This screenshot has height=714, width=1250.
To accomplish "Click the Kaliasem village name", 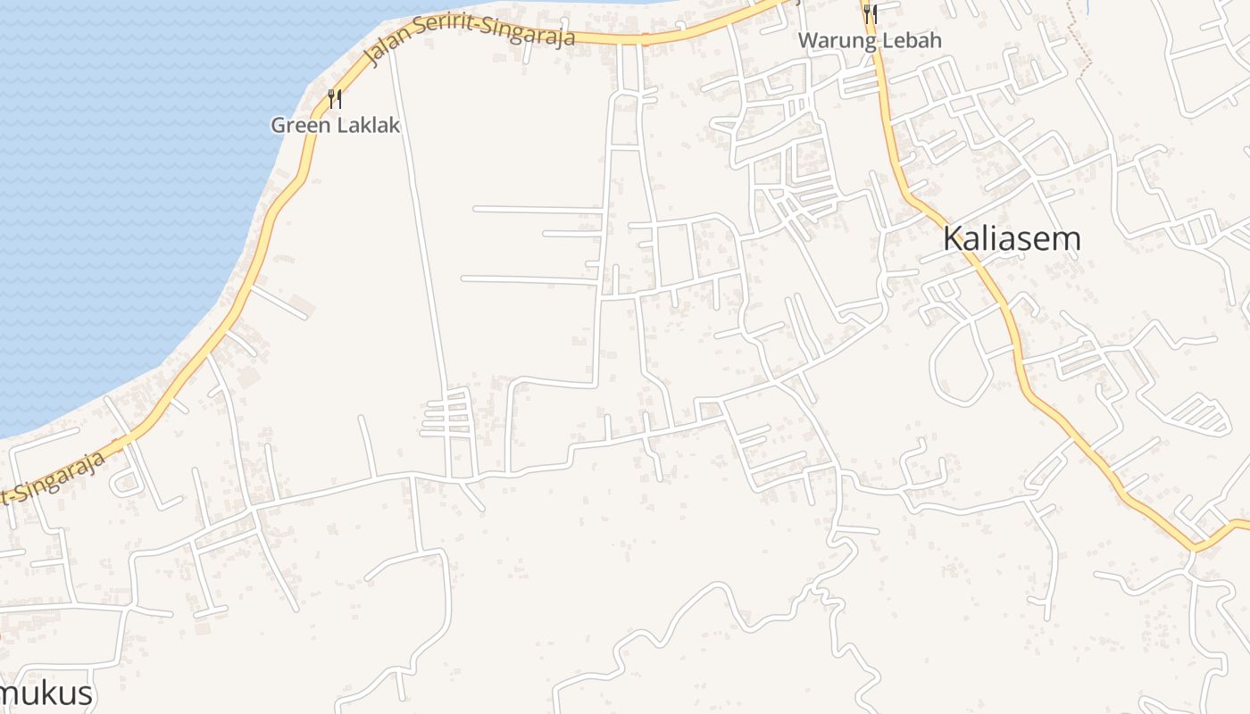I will click(x=1012, y=238).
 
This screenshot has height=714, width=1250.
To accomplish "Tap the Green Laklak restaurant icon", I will click(x=335, y=98).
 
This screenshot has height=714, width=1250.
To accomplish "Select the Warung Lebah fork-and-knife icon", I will click(x=871, y=13).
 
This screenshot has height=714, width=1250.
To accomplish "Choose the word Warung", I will click(x=833, y=40).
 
